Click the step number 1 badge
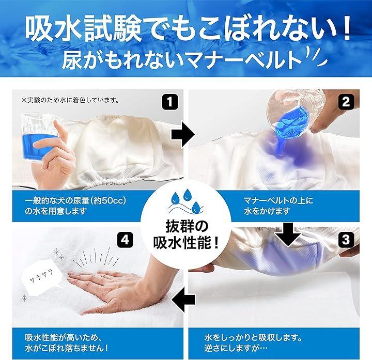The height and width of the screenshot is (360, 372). (170, 102)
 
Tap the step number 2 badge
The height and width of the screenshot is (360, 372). (346, 102)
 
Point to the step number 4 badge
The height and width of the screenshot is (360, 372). (125, 240)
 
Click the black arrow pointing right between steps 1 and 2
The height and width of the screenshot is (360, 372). (183, 135)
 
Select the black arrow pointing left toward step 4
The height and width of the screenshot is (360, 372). (183, 300)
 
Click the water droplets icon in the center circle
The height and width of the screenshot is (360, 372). (186, 201)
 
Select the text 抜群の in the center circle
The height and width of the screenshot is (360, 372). (187, 226)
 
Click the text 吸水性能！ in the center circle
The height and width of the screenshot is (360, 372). (186, 243)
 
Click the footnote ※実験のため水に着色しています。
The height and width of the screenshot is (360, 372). (70, 100)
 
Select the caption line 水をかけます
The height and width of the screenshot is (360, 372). (267, 211)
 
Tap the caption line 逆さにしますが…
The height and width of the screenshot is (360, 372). (236, 348)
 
